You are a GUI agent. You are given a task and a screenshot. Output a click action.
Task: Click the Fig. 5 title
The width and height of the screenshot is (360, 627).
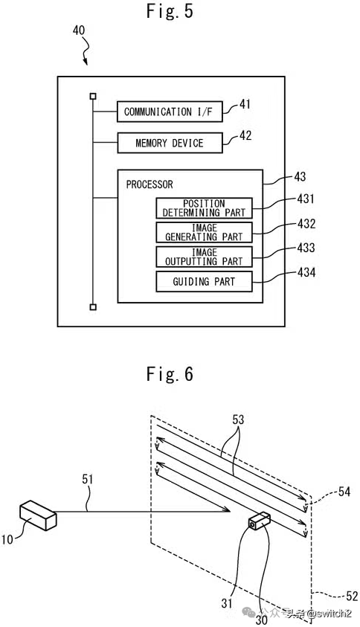pos(170,11)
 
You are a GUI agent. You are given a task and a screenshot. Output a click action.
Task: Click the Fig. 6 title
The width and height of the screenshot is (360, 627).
pos(170,373)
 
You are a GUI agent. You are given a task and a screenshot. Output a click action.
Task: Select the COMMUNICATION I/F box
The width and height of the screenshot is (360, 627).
pos(170,112)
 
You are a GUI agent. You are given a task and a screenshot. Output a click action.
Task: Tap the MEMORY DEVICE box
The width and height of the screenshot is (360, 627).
pos(170,143)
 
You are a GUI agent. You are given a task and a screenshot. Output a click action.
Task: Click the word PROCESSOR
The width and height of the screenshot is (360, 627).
pos(150,184)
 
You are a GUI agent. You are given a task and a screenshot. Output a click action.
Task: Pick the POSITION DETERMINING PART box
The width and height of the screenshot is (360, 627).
pos(204,208)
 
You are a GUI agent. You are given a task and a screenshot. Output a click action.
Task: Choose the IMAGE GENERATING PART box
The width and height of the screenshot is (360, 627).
pos(204,232)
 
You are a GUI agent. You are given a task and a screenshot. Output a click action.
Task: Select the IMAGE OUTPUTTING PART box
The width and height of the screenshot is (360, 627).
pos(204,257)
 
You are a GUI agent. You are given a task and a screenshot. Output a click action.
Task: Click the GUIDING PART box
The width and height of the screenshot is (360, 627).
pos(204,281)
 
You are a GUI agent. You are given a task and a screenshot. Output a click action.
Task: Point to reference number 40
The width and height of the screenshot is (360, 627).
pos(79,30)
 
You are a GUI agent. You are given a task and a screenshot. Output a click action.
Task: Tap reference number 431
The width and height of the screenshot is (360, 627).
pos(306,199)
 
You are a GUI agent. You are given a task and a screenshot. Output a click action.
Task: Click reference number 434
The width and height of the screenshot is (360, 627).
pos(306,272)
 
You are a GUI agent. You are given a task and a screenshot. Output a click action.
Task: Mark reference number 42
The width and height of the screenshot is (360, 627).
pos(245,135)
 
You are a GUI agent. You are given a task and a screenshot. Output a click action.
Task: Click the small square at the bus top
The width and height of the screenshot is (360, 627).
pos(93,96)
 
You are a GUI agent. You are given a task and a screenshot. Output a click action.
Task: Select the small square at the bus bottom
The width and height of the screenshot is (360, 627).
pos(93,307)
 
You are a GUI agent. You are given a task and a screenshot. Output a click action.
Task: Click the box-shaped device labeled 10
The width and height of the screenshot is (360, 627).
pos(38,515)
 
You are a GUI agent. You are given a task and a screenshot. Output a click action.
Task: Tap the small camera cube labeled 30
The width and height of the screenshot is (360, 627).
pos(259,521)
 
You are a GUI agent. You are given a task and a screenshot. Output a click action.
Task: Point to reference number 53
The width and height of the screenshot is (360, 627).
pos(238,420)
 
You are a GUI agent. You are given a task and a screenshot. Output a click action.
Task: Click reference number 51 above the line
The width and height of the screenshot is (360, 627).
pos(88,480)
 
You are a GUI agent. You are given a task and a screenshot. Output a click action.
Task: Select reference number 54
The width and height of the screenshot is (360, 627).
pos(344,492)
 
